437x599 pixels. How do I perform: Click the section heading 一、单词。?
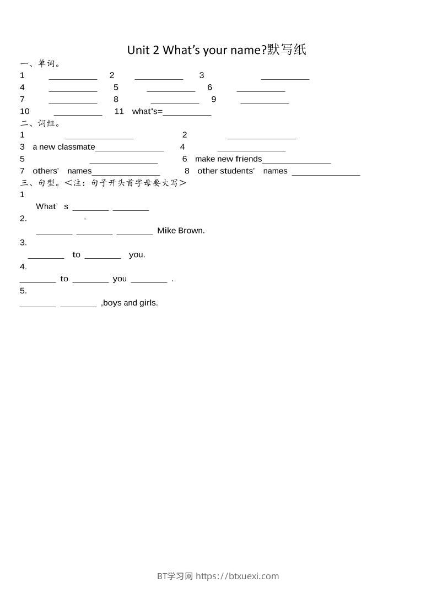40,64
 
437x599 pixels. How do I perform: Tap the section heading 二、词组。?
40,123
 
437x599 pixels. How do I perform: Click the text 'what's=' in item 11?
147,112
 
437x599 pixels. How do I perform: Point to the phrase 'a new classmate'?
64,147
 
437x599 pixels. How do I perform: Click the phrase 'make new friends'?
228,159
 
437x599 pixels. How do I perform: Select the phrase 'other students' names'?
242,171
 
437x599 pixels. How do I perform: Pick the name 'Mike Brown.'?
181,231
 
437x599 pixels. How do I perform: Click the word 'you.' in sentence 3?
137,255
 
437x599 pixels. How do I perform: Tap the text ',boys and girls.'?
130,303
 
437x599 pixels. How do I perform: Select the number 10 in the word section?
25,112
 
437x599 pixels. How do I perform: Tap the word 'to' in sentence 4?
64,279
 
